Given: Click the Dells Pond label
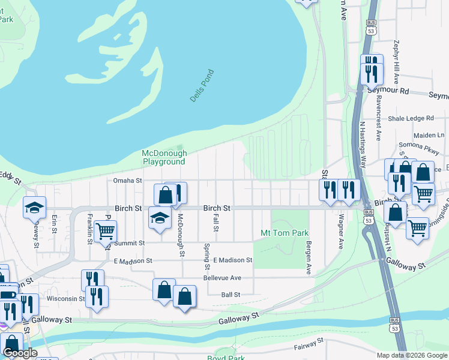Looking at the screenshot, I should (202, 86).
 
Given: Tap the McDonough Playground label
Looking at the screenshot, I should (163, 158).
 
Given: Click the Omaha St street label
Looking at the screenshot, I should (127, 180).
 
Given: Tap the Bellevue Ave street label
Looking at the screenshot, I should (221, 278).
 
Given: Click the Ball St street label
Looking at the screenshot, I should (231, 295).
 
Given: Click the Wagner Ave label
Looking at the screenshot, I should (340, 232).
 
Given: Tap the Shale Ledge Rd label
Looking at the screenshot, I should (411, 119).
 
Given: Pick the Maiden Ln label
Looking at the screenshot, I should (427, 135).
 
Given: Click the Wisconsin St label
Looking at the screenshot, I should (66, 298).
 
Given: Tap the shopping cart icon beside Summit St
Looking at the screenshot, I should (105, 230).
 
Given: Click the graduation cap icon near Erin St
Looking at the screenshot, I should (34, 208).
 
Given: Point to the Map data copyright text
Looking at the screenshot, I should (411, 355).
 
